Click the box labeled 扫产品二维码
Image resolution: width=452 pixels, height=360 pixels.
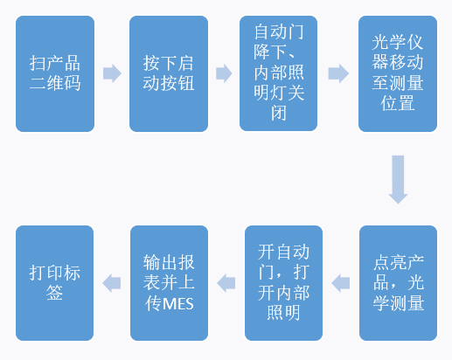[55, 73]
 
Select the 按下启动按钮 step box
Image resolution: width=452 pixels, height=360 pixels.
[169, 73]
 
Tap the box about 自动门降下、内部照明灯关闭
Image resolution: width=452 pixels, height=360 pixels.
[278, 73]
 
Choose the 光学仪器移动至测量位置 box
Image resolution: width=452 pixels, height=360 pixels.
[398, 73]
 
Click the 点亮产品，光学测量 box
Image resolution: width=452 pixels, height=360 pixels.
[398, 283]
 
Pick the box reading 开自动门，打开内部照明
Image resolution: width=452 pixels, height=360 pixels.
[283, 283]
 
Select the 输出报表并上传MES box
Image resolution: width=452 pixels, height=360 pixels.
[169, 283]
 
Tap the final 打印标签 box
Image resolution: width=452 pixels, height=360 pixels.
[55, 283]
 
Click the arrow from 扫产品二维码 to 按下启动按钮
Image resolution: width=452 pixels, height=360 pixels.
[112, 73]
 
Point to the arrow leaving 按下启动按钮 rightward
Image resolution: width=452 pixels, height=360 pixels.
[224, 73]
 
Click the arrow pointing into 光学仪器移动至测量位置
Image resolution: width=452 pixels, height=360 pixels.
[338, 73]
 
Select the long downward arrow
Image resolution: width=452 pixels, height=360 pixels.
[398, 179]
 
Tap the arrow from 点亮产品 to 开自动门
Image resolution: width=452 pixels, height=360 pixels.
[341, 283]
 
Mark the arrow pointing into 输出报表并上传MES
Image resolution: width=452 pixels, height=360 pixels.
[226, 283]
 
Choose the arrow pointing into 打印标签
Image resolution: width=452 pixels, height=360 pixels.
[112, 283]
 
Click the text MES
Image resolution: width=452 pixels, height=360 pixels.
[177, 304]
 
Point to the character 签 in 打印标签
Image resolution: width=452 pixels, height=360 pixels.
[55, 293]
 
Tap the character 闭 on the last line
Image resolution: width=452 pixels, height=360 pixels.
[279, 113]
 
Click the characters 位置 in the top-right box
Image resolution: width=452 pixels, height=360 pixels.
[398, 103]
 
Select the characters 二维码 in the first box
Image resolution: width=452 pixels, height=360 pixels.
[55, 83]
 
